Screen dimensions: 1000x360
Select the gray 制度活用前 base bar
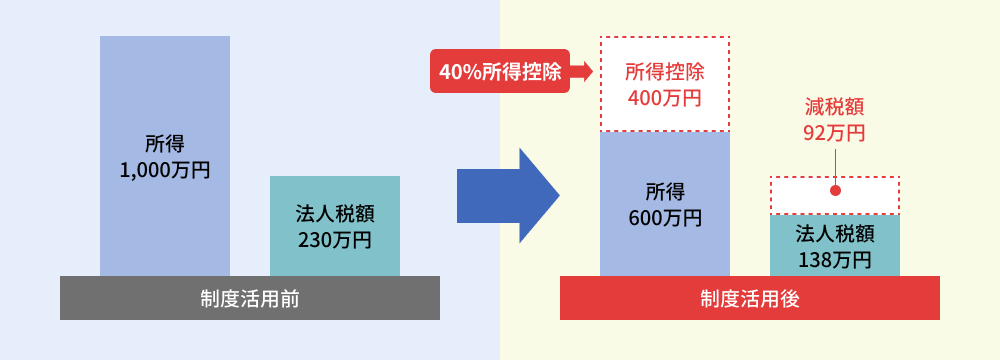250,298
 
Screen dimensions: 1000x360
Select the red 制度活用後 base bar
750,298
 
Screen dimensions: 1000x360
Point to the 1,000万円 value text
165,170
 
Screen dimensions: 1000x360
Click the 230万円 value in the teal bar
335,239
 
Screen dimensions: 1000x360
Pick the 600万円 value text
665,217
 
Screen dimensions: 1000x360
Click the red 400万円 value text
665,98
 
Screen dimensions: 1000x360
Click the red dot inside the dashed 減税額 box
835,190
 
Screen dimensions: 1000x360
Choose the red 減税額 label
834,106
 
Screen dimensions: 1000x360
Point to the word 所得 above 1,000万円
165,144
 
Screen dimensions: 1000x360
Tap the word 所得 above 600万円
665,191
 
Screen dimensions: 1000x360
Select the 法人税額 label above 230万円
335,213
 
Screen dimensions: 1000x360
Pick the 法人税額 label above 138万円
835,234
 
